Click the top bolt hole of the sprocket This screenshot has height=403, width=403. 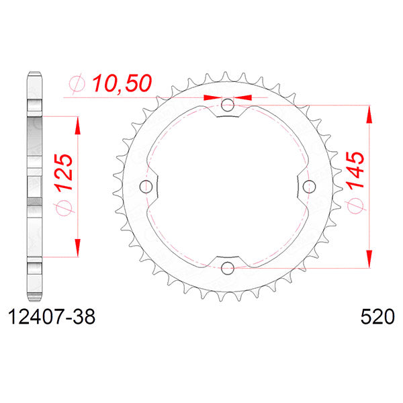228,105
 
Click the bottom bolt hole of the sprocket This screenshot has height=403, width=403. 228,269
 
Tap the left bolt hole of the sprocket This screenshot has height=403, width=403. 146,187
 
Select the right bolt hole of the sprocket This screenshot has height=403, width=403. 310,187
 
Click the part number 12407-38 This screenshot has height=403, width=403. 50,316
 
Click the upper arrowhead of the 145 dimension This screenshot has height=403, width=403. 368,114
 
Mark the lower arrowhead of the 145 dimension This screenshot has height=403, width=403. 368,259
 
